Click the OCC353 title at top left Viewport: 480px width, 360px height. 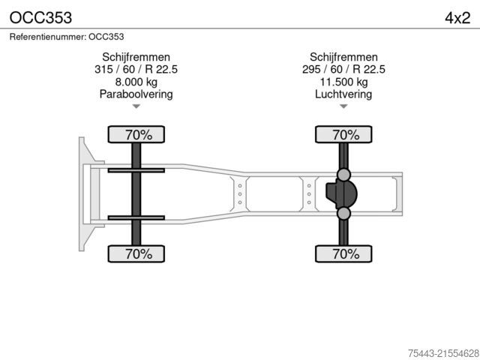pos(40,18)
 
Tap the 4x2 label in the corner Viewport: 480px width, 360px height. pos(457,18)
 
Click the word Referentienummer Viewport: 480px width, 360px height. pos(48,37)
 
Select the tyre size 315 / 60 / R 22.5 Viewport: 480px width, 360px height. pos(136,69)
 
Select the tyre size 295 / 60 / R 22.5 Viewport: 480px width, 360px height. pos(343,69)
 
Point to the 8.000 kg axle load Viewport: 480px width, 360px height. pos(136,82)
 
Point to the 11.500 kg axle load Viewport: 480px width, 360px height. pos(343,82)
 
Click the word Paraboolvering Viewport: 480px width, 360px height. pos(136,94)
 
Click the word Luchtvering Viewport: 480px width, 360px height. pos(343,94)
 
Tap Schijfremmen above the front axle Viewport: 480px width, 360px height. pos(136,57)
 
